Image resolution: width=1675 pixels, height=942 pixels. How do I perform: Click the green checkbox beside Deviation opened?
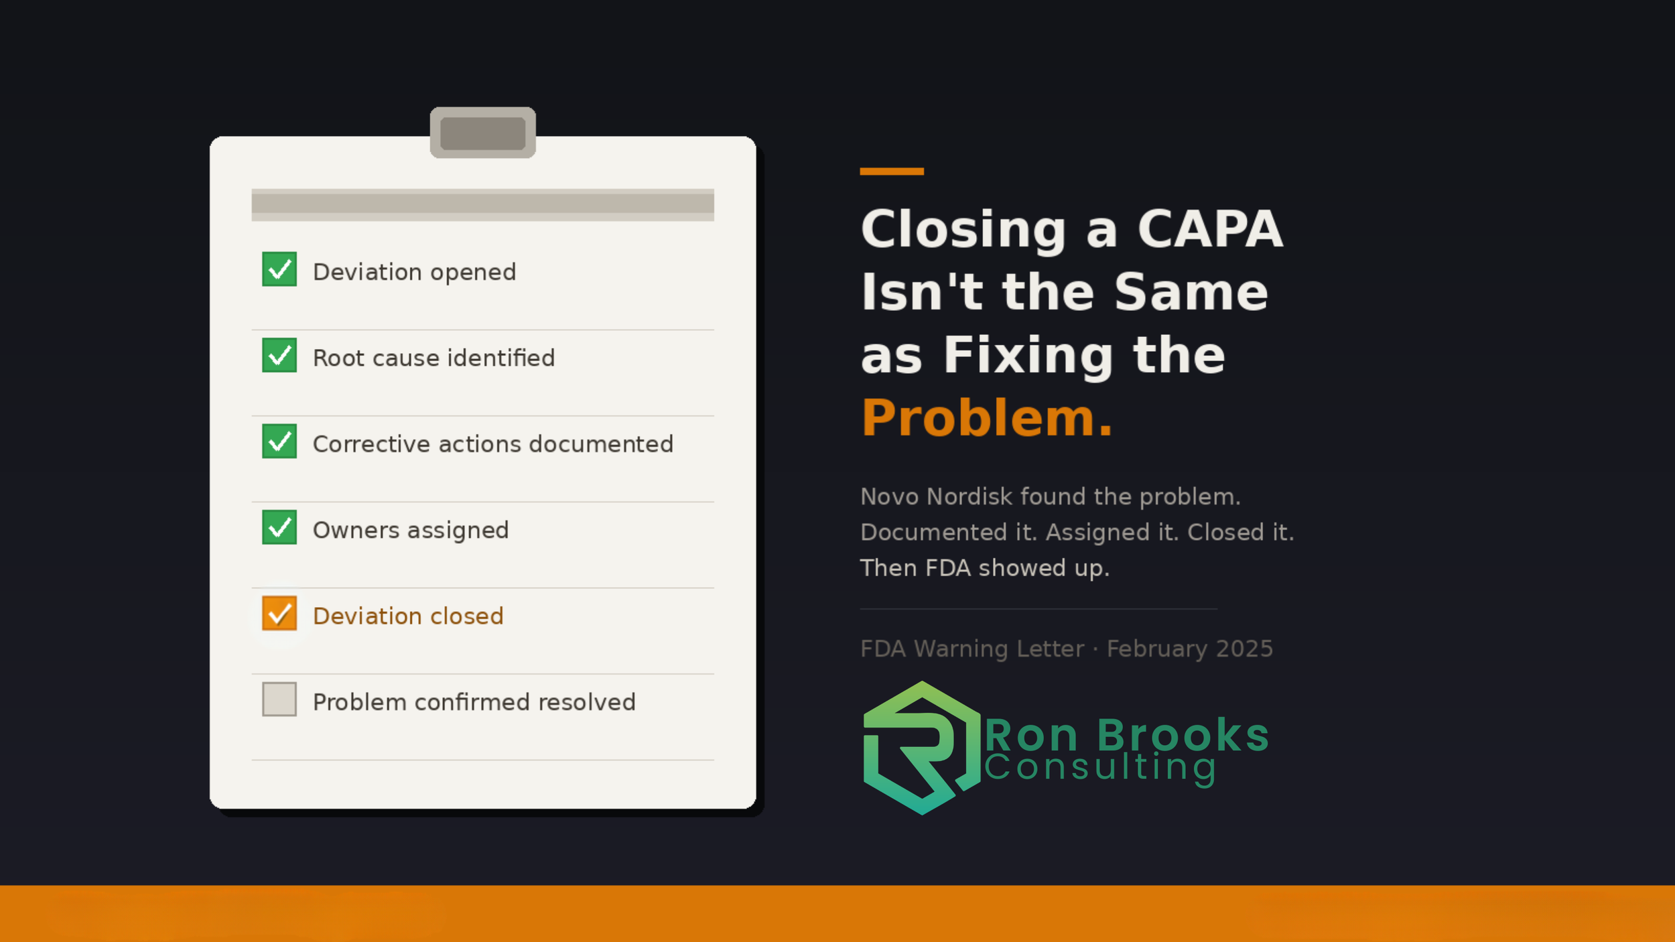pyautogui.click(x=279, y=269)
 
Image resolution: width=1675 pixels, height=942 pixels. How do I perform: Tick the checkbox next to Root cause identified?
pyautogui.click(x=279, y=355)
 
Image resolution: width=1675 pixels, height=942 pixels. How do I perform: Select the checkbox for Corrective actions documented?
pyautogui.click(x=279, y=442)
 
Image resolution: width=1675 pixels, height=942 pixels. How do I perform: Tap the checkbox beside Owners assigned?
pyautogui.click(x=279, y=527)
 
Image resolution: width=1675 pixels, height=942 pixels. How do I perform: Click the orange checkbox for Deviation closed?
pyautogui.click(x=279, y=614)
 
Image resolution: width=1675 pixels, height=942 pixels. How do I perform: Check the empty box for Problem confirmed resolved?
pyautogui.click(x=279, y=699)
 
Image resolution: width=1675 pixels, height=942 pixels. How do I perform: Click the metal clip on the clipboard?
pyautogui.click(x=482, y=133)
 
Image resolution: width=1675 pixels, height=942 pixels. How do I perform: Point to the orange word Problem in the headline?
pyautogui.click(x=979, y=418)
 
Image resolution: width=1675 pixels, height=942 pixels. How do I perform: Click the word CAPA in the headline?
pyautogui.click(x=1210, y=229)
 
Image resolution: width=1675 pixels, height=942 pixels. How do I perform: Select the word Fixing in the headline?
pyautogui.click(x=1028, y=355)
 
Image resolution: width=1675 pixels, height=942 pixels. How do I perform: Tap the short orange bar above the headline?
pyautogui.click(x=891, y=172)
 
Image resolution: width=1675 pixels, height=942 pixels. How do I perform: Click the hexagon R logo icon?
pyautogui.click(x=921, y=748)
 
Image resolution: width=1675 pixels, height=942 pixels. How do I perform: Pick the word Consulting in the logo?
pyautogui.click(x=1100, y=768)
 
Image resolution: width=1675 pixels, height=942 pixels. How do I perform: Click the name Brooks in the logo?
pyautogui.click(x=1183, y=736)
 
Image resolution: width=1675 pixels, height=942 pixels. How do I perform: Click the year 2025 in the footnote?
pyautogui.click(x=1244, y=649)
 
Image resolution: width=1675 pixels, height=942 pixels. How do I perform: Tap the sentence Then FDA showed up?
pyautogui.click(x=985, y=568)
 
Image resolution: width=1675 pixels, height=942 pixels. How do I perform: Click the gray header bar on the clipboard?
pyautogui.click(x=482, y=204)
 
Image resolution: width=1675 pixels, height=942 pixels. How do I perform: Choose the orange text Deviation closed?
pyautogui.click(x=408, y=616)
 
